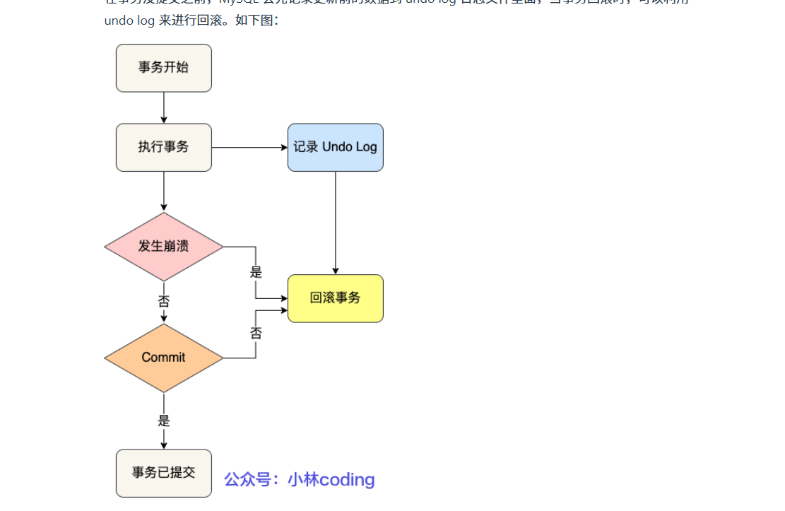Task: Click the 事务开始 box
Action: tap(164, 68)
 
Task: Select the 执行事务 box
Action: tap(164, 147)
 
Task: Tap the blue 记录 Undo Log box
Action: tap(335, 147)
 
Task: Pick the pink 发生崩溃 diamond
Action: tap(164, 247)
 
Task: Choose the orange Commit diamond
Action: tap(164, 358)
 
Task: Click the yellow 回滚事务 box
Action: tap(335, 298)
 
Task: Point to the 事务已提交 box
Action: tap(164, 473)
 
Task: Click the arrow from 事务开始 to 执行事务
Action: tap(164, 107)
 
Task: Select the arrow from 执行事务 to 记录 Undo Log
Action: tap(249, 148)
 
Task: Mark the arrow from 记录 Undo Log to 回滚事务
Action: tap(336, 223)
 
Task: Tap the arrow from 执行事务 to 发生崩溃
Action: tap(164, 192)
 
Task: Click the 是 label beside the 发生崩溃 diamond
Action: tap(256, 271)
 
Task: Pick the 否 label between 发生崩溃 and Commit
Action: tap(164, 302)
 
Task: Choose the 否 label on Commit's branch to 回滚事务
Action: tap(256, 332)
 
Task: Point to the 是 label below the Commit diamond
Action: tap(164, 421)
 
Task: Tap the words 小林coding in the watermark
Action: tap(331, 480)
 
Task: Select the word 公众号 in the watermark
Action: tap(247, 480)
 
